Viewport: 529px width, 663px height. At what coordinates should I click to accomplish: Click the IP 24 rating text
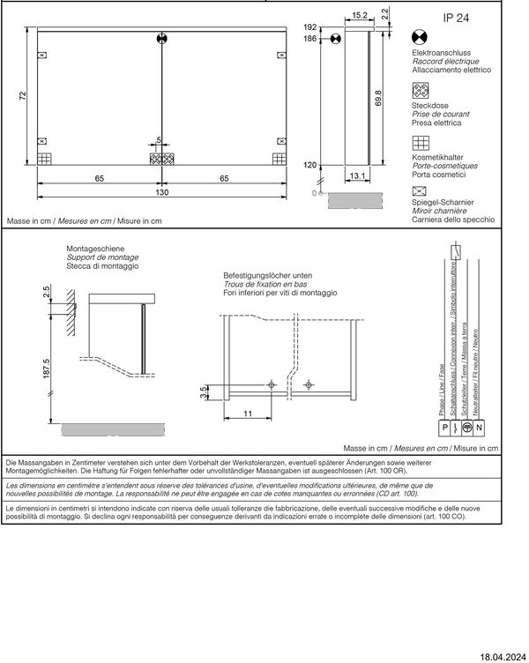click(x=456, y=18)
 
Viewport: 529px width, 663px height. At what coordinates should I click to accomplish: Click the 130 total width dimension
click(x=162, y=192)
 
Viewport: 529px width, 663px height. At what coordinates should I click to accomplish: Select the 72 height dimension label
click(x=23, y=96)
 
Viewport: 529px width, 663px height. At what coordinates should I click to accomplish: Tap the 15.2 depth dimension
click(x=360, y=15)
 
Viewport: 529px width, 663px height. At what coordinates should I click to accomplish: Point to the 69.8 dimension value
click(x=378, y=98)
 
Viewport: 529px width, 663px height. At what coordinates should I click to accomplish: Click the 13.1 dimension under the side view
click(x=357, y=175)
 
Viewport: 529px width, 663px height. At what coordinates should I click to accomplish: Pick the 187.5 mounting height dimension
click(x=46, y=369)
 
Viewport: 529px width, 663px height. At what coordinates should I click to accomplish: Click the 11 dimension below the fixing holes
click(x=248, y=413)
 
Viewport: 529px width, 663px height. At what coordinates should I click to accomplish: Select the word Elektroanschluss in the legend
click(x=441, y=53)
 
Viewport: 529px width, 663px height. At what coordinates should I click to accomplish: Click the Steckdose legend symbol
click(x=421, y=91)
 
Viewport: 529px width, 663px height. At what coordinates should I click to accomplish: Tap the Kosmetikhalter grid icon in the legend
click(x=421, y=143)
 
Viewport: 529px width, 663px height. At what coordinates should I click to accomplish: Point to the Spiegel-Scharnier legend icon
click(x=419, y=191)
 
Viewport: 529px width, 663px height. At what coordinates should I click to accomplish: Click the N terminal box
click(x=479, y=428)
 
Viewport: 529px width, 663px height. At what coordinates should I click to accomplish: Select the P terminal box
click(x=444, y=428)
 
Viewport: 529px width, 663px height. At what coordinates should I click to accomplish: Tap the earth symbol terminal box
click(x=466, y=428)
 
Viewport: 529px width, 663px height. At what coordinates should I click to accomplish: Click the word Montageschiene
click(x=95, y=249)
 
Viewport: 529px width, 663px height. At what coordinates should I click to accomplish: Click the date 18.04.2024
click(x=503, y=657)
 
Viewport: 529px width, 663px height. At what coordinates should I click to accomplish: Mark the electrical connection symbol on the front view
click(x=162, y=39)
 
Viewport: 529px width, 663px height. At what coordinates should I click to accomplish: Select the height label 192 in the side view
click(x=310, y=27)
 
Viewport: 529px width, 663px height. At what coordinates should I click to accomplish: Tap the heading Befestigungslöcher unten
click(x=268, y=275)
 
